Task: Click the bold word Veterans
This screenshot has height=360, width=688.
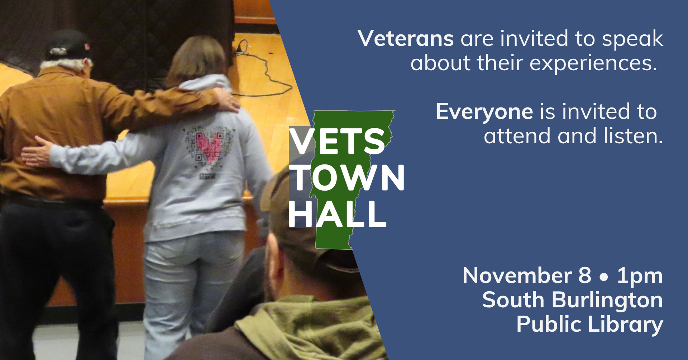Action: pos(406,38)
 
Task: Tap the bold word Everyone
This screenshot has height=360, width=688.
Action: pos(484,112)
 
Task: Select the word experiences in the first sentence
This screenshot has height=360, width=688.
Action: pos(593,64)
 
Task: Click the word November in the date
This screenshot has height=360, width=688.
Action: pos(517,275)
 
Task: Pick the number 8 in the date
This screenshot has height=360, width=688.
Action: pos(584,275)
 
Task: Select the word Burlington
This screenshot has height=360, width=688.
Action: pos(607,300)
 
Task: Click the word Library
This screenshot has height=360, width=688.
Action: pos(625,325)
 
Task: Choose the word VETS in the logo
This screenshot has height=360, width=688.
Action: pos(337,141)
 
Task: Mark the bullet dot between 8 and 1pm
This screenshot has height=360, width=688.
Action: pos(604,277)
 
